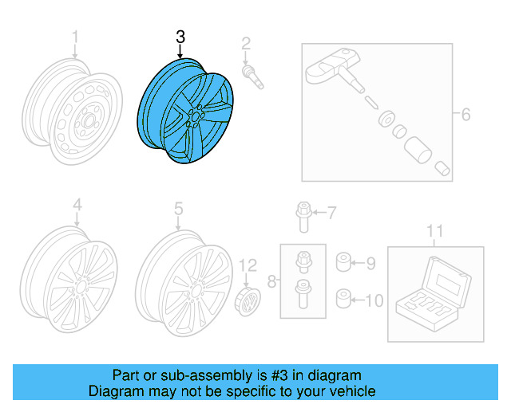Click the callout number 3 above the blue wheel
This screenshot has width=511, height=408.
[x=180, y=37]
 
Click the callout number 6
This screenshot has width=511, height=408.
[x=465, y=114]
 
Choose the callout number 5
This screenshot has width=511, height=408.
[x=179, y=208]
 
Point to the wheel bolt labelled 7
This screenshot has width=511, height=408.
[x=301, y=213]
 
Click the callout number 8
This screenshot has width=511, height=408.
[x=271, y=280]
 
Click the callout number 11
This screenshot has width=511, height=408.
[x=434, y=231]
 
